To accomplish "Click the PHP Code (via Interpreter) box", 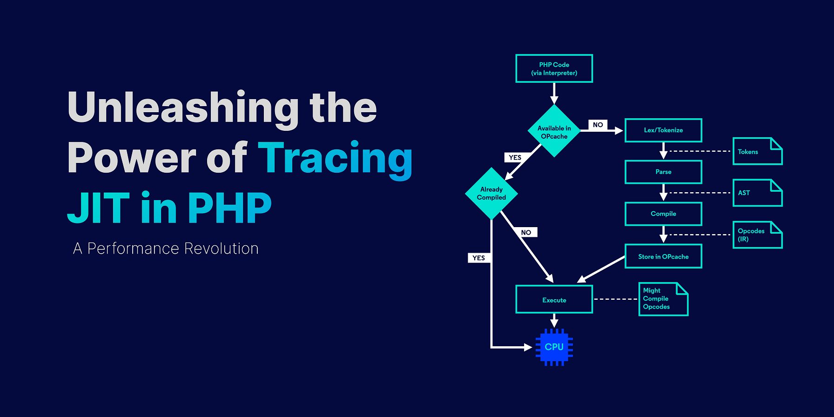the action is (x=554, y=68).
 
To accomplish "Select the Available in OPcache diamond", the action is (x=554, y=131).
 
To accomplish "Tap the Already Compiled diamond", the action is (x=491, y=194).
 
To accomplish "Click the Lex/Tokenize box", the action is (x=663, y=130).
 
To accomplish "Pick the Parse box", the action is (x=663, y=172).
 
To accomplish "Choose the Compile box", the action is (x=663, y=214).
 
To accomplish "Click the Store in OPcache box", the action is (x=663, y=256).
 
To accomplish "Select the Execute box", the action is (x=554, y=300).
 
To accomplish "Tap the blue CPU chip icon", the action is (x=554, y=347).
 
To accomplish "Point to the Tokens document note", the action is (x=758, y=151).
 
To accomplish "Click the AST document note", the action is (x=758, y=193).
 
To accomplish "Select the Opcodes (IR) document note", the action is (x=758, y=235).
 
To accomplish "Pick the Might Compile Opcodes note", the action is (x=663, y=299).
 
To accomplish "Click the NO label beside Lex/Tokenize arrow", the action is (x=598, y=125).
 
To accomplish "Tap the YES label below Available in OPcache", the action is (x=515, y=157).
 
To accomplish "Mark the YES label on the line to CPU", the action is (x=479, y=258).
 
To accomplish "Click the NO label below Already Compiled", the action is (x=526, y=232).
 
